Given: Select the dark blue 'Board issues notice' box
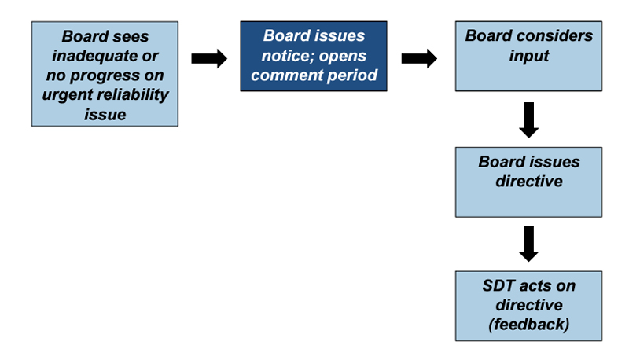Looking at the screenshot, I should [x=314, y=56].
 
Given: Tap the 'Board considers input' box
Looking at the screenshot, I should [x=528, y=56].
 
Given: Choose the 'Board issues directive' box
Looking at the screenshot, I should [x=528, y=182].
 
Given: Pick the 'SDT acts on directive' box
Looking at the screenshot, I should [x=528, y=306].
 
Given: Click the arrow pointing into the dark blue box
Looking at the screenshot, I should [x=209, y=59].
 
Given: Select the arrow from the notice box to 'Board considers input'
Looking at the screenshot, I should [x=419, y=59].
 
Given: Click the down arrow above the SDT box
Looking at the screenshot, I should [x=528, y=244].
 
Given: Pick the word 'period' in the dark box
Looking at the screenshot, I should [x=352, y=75].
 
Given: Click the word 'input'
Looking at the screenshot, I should [x=528, y=56].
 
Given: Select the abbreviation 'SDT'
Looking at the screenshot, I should [x=498, y=285].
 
